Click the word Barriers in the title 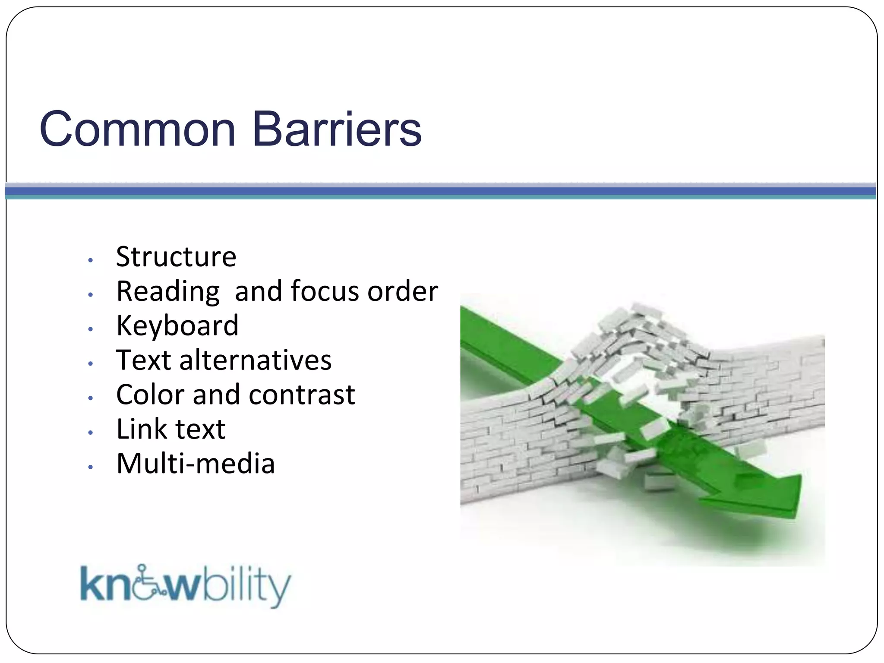point(336,129)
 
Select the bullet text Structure point(176,257)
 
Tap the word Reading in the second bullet point(168,291)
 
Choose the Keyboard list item point(177,326)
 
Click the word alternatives point(255,360)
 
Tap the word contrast point(302,395)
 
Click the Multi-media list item point(196,464)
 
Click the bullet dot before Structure point(90,260)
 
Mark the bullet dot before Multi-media point(90,467)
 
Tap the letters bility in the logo point(246,586)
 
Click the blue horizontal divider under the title point(440,191)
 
